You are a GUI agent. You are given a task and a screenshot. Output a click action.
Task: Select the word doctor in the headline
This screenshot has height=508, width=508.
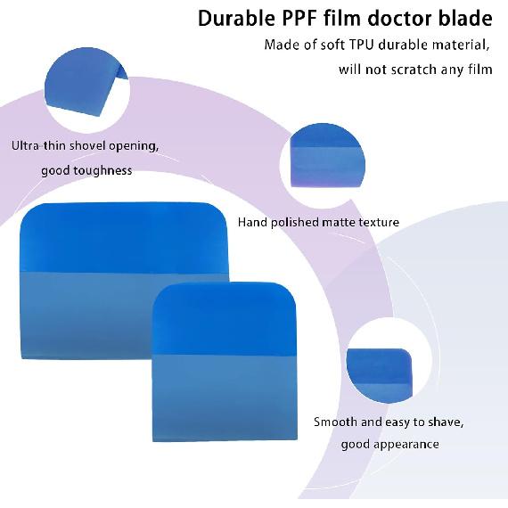point(400,18)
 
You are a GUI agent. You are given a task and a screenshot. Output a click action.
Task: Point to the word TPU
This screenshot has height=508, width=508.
point(362,45)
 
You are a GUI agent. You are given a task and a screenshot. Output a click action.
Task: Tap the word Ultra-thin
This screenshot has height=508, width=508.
point(39,146)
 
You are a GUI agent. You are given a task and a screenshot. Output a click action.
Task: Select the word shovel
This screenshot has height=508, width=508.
point(87,146)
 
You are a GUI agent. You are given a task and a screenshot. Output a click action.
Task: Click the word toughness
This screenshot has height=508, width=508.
point(103,170)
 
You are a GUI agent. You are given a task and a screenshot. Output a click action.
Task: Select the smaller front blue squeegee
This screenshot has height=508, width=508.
point(225,361)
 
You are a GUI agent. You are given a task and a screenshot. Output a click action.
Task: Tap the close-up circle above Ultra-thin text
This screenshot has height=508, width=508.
point(86,90)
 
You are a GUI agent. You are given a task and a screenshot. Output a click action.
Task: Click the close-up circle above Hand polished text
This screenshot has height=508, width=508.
point(323,165)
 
